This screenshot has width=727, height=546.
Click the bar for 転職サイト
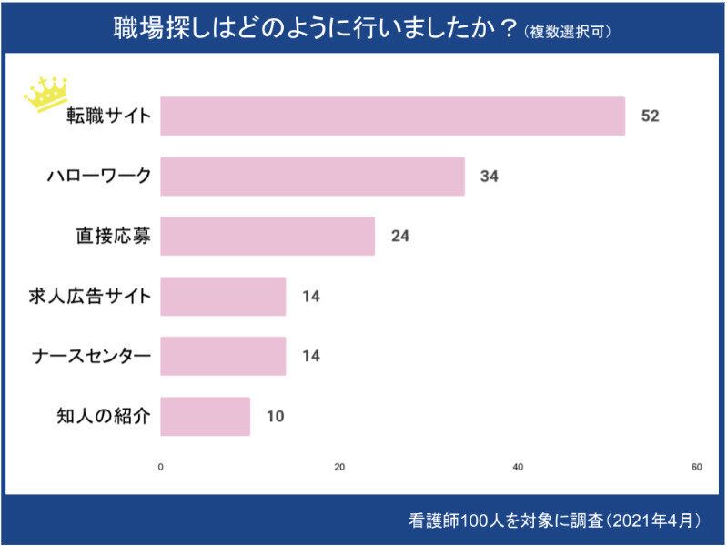tap(392, 116)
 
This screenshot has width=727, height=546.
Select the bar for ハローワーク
tap(312, 177)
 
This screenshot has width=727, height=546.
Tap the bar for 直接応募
tap(268, 236)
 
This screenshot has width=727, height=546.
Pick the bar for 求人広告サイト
tap(223, 296)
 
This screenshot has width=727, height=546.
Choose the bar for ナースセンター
tap(223, 356)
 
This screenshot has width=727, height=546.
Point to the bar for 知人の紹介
tap(206, 416)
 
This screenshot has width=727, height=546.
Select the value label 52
tap(649, 116)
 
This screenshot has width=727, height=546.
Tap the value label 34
tap(490, 177)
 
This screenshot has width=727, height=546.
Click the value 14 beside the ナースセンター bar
tap(311, 356)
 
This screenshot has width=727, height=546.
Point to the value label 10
tap(275, 416)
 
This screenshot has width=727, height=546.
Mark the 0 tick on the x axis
tap(161, 468)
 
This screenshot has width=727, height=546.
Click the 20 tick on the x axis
tap(339, 468)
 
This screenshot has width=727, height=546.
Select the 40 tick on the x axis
tap(518, 468)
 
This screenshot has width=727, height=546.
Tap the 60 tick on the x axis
tap(696, 468)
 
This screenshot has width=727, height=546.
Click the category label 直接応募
tap(113, 236)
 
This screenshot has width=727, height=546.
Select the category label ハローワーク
tap(98, 177)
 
